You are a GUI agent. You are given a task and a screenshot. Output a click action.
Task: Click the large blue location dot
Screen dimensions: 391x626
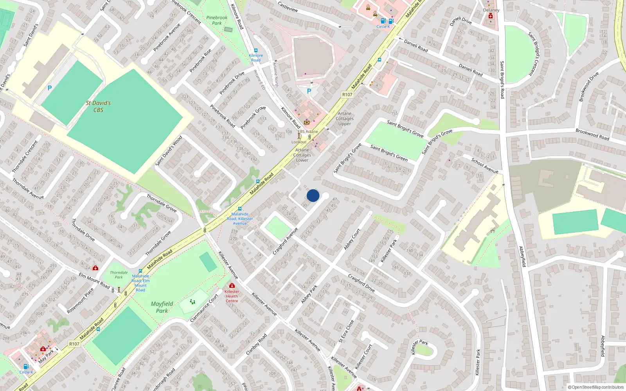pyautogui.click(x=313, y=195)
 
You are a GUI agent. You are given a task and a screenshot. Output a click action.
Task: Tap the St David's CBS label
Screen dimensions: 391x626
pyautogui.click(x=98, y=106)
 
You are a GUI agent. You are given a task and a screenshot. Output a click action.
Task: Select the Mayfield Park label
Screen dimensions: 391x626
pyautogui.click(x=162, y=307)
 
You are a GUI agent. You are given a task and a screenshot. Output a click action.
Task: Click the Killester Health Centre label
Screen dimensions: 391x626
pyautogui.click(x=232, y=296)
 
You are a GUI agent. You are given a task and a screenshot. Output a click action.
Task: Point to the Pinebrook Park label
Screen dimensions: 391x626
pyautogui.click(x=217, y=20)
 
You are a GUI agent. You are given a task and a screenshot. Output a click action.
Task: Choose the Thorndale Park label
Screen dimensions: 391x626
pyautogui.click(x=119, y=275)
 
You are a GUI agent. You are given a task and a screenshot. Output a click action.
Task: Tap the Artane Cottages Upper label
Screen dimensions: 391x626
pyautogui.click(x=345, y=118)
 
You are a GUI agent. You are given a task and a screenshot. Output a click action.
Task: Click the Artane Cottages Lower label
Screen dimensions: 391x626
pyautogui.click(x=302, y=155)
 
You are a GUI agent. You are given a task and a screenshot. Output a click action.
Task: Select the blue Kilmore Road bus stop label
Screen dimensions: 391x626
pyautogui.click(x=256, y=57)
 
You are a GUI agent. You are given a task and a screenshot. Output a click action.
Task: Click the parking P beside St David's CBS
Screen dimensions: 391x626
pyautogui.click(x=50, y=88)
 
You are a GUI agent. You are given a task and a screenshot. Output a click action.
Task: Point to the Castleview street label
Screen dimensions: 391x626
pyautogui.click(x=288, y=7)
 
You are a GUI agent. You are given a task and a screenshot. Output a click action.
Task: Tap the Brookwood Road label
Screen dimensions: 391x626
pyautogui.click(x=592, y=134)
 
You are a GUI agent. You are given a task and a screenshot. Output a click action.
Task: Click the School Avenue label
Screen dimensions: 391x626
pyautogui.click(x=485, y=165)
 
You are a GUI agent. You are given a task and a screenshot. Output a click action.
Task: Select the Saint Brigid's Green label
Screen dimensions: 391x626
pyautogui.click(x=389, y=153)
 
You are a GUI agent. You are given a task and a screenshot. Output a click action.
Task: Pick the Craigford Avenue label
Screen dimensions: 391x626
pyautogui.click(x=285, y=241)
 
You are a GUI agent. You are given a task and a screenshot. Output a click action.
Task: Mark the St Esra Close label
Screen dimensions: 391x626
pyautogui.click(x=346, y=331)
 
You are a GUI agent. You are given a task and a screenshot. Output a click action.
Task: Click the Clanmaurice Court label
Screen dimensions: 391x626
pyautogui.click(x=204, y=308)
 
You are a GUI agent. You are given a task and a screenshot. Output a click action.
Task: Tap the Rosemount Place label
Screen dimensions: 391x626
pyautogui.click(x=80, y=301)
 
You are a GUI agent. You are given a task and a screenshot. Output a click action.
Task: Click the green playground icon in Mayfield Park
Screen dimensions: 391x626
pyautogui.click(x=192, y=301)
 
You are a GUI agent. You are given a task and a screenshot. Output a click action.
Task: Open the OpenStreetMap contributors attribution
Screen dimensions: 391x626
pyautogui.click(x=595, y=387)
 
